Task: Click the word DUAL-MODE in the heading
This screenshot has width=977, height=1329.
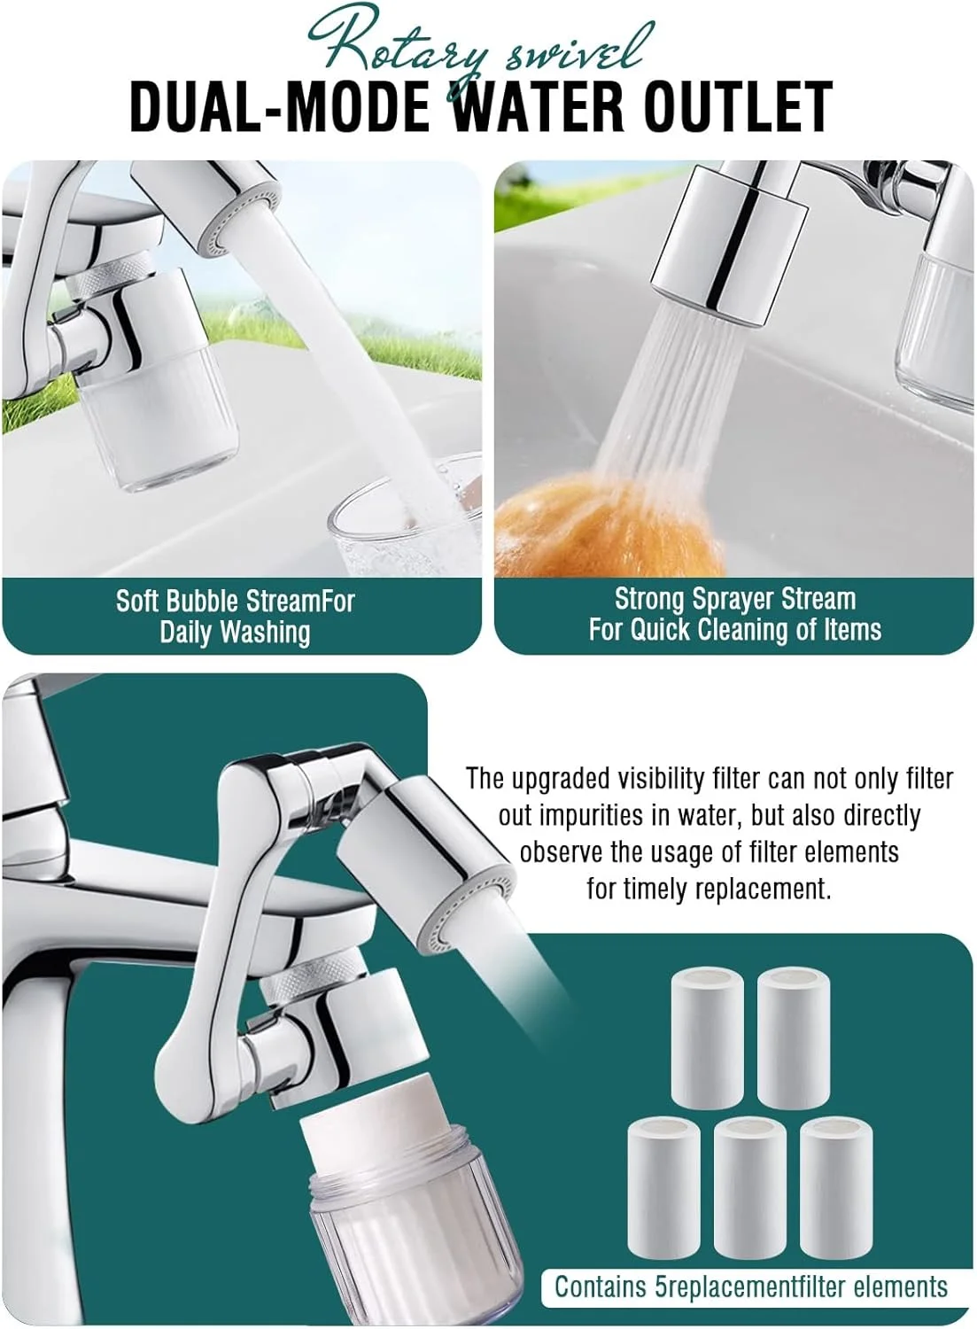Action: [x=279, y=107]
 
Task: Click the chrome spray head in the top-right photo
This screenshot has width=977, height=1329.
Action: [x=730, y=244]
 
